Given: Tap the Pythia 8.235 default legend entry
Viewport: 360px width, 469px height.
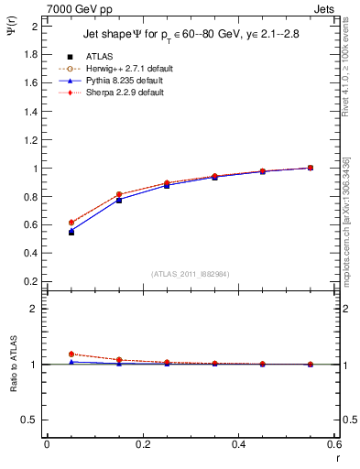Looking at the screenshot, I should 119,81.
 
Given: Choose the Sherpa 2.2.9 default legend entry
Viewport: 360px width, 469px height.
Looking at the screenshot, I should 119,93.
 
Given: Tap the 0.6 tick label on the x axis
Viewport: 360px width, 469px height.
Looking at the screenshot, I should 333,444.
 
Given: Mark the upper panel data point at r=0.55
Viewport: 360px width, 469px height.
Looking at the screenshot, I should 311,168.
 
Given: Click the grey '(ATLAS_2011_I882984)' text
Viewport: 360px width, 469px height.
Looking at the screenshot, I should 191,274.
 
